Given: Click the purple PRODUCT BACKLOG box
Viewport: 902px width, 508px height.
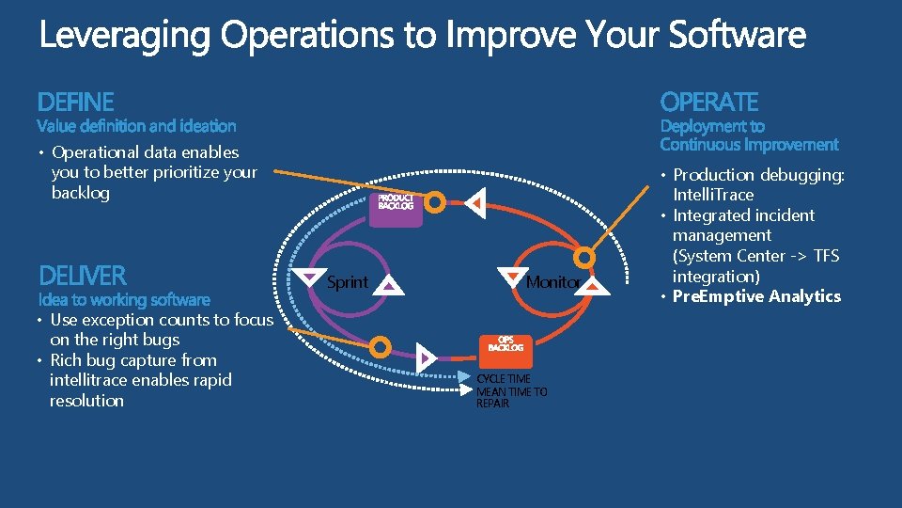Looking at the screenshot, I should coord(396,205).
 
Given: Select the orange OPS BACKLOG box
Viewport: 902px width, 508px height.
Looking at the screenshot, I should coord(505,344).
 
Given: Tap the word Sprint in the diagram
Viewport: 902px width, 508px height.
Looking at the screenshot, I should coord(347,282).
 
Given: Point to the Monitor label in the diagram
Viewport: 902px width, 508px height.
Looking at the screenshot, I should coord(553,282).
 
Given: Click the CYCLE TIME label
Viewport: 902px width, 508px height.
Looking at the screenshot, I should coord(504,379).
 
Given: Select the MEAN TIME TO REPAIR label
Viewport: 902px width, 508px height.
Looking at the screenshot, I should coord(511,397).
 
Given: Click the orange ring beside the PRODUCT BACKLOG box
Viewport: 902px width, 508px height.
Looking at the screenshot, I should coord(436,200).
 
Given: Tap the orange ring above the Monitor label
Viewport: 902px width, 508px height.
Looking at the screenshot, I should coord(585,256).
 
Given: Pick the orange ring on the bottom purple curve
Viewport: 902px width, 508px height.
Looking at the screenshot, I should coord(380,347).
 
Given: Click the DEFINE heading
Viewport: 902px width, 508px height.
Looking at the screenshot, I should coord(75,102).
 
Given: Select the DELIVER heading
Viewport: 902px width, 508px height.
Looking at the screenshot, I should coord(82,276).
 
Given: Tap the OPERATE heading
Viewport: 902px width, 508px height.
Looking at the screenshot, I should coord(708,102).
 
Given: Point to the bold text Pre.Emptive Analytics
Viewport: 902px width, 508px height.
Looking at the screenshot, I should coord(756,296).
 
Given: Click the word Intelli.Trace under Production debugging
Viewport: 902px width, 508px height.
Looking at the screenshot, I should coord(712,195).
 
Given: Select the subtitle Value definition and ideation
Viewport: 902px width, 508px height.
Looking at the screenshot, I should coord(136,126).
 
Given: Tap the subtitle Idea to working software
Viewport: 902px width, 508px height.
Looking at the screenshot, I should coord(124,300).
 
